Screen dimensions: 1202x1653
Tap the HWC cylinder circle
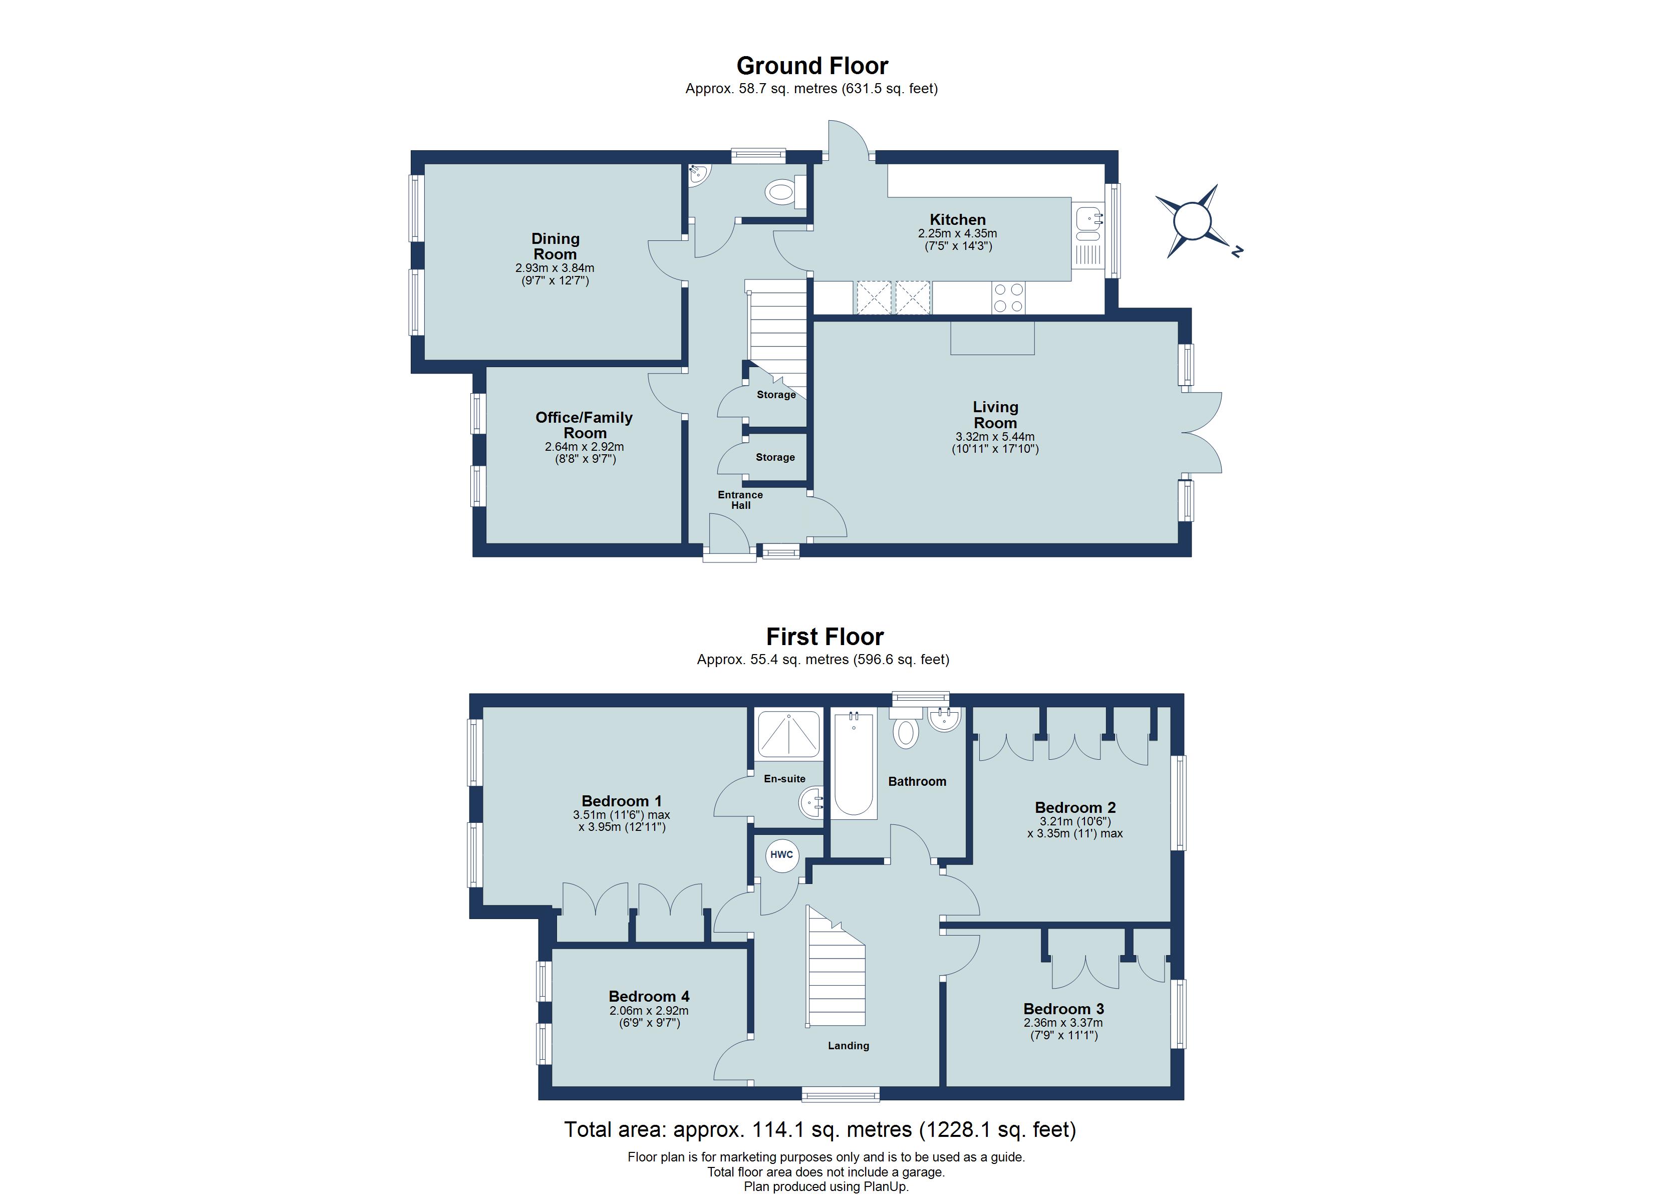pyautogui.click(x=781, y=854)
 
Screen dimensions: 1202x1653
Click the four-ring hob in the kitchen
pyautogui.click(x=1008, y=297)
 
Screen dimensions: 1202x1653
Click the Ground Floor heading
pyautogui.click(x=812, y=66)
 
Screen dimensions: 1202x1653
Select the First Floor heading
pyautogui.click(x=824, y=637)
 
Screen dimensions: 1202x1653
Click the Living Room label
pyautogui.click(x=995, y=415)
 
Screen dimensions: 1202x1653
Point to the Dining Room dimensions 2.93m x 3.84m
pyautogui.click(x=555, y=268)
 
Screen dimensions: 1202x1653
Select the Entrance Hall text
pyautogui.click(x=740, y=500)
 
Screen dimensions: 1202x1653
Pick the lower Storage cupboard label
pyautogui.click(x=775, y=457)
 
